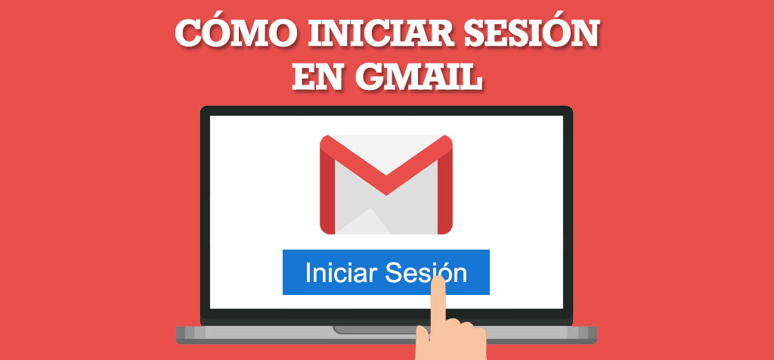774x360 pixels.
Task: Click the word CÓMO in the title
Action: point(236,33)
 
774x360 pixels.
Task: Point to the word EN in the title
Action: point(319,78)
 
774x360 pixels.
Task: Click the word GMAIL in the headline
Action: point(419,78)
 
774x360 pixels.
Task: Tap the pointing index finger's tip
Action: point(437,280)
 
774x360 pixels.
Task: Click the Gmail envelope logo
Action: point(386,185)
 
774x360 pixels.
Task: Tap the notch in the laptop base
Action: point(373,330)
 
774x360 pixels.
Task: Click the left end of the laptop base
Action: point(177,334)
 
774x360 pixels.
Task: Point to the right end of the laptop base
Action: point(596,334)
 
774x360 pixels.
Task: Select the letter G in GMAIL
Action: point(372,78)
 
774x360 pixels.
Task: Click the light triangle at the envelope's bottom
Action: point(364,223)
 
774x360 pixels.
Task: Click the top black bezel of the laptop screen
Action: point(386,111)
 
